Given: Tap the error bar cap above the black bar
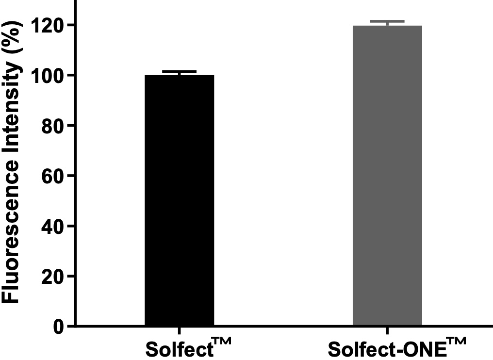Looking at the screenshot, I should tap(179, 71).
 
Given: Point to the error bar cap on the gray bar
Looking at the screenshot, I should tap(387, 21).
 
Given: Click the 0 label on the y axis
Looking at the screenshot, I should tap(58, 327).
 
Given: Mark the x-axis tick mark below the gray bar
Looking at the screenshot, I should tap(387, 330).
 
